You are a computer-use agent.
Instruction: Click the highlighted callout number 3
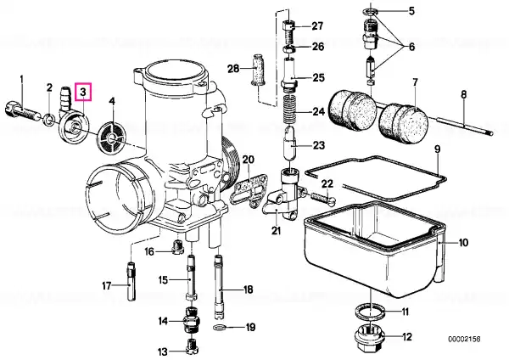83,92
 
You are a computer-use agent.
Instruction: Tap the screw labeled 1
23,111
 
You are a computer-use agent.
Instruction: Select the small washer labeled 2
49,120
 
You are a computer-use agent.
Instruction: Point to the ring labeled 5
371,12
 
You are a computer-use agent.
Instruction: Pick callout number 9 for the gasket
437,149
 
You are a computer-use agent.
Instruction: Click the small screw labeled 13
193,346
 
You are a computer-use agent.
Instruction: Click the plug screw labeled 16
177,248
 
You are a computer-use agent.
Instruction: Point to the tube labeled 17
131,281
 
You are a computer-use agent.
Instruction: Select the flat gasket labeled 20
248,192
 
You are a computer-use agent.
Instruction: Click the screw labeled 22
323,198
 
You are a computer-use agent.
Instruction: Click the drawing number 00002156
464,340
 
